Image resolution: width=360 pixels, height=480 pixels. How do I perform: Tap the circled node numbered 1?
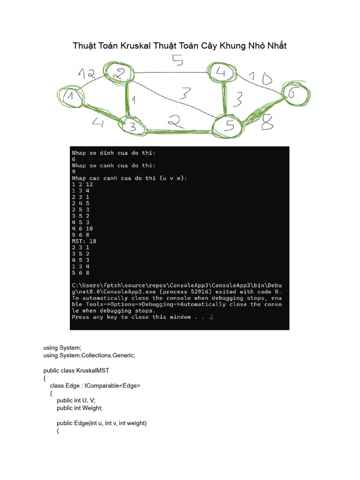(x=71, y=96)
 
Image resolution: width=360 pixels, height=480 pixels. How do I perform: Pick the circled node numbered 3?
(x=132, y=126)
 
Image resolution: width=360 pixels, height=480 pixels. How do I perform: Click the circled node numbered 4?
(x=221, y=73)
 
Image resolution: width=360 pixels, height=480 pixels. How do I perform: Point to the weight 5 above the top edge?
(x=177, y=60)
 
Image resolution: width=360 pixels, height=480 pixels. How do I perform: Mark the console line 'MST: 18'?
(x=84, y=241)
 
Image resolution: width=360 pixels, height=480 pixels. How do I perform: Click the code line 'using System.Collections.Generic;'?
(x=89, y=355)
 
